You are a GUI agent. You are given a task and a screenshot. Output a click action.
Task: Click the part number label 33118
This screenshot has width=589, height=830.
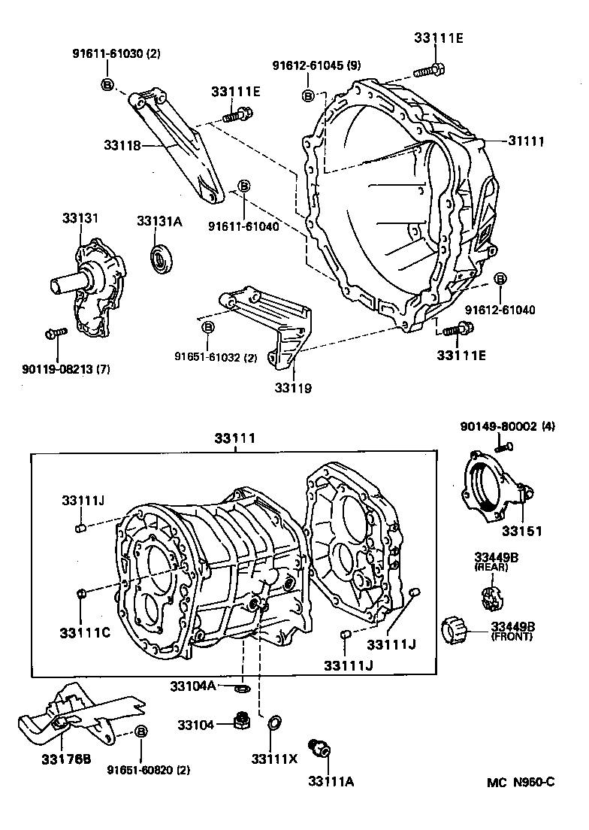123,146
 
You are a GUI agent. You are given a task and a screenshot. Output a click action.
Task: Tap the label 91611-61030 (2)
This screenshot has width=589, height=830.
116,53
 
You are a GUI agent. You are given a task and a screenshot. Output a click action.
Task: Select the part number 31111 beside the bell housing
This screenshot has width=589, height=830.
526,141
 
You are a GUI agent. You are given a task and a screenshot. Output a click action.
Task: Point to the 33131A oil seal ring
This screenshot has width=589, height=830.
161,259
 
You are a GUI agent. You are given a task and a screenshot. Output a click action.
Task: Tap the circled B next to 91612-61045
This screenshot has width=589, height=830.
308,95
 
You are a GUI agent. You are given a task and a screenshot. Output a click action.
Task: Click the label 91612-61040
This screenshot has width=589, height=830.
500,309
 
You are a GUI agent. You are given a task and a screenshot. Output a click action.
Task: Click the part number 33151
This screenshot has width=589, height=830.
522,531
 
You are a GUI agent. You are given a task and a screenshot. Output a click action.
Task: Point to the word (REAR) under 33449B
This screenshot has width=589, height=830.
491,567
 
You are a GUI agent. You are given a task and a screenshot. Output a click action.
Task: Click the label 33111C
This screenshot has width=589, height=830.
85,632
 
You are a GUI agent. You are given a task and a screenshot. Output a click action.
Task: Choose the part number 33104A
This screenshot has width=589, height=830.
192,686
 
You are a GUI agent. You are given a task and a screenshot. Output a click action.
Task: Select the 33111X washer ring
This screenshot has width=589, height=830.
274,723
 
